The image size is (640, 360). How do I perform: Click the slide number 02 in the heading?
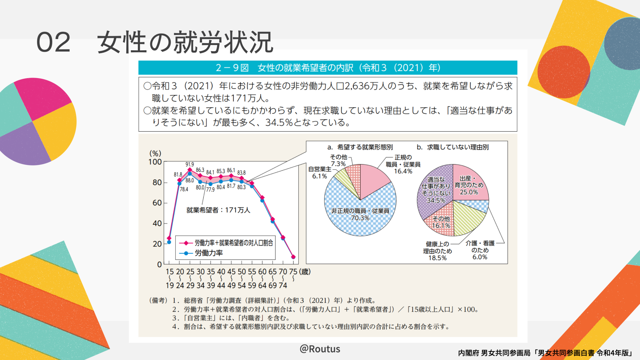(x=53, y=42)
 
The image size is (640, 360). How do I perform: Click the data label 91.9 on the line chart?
(x=189, y=164)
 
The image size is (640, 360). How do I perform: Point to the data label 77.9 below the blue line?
(x=210, y=189)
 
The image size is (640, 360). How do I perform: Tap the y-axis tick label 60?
(x=157, y=203)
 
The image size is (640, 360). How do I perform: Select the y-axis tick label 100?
(x=155, y=162)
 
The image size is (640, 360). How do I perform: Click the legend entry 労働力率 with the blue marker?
(x=208, y=253)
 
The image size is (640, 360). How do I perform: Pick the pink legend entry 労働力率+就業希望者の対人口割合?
(x=233, y=243)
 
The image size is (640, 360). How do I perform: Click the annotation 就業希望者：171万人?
(x=218, y=210)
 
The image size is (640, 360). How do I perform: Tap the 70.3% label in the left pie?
(x=360, y=218)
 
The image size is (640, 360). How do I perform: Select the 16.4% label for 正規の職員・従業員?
(x=403, y=171)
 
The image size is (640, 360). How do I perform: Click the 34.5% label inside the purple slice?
(x=436, y=200)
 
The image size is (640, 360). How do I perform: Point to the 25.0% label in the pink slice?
(x=469, y=192)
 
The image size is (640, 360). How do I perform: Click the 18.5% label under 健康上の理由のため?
(x=437, y=258)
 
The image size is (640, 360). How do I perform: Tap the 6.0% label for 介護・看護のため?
(x=480, y=257)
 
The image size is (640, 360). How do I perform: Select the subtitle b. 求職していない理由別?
(x=452, y=147)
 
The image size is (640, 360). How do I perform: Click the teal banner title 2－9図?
(x=232, y=67)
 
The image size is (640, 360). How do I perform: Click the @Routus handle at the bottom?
(x=320, y=349)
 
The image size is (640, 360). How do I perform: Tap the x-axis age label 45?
(x=231, y=272)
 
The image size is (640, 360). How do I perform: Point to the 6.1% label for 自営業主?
(x=319, y=176)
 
